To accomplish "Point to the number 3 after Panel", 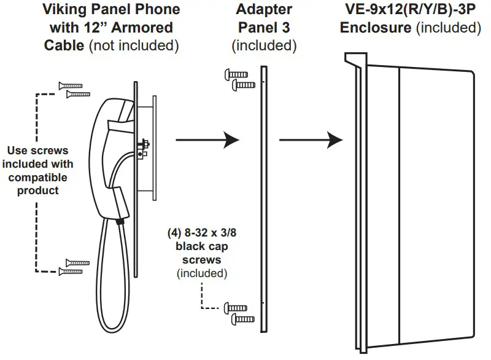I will (291, 28).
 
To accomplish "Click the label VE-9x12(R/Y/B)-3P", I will (410, 10).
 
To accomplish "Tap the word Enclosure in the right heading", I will (375, 28).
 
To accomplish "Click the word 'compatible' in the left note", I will (37, 178).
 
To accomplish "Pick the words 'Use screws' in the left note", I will (37, 151).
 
